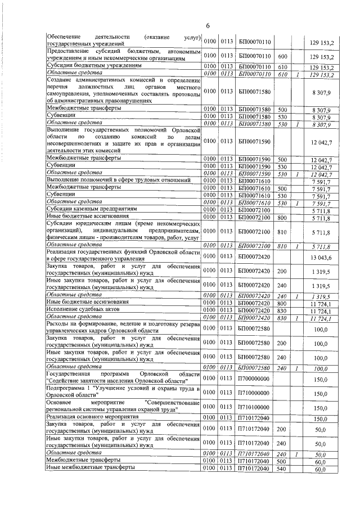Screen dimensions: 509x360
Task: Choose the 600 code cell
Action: tap(283, 56)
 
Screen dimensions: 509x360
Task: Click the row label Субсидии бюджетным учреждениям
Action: tap(93, 66)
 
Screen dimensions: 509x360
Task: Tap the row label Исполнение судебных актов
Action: tap(83, 310)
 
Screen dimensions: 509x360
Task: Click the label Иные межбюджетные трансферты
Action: tap(91, 469)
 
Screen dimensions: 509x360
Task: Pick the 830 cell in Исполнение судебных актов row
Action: tap(283, 310)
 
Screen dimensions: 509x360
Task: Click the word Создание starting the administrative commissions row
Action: tap(62, 81)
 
